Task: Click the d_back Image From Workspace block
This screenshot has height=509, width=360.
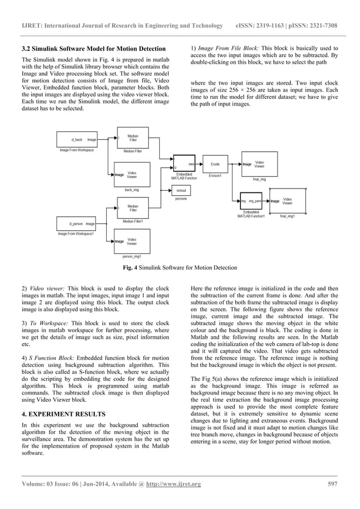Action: (x=78, y=139)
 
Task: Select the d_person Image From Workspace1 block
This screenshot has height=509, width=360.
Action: (x=76, y=223)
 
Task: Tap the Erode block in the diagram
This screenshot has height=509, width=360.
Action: (x=215, y=164)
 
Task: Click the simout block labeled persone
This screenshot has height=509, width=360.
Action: (x=181, y=191)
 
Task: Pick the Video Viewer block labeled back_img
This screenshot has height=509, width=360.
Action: (x=128, y=175)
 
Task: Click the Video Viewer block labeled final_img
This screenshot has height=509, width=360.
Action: (x=256, y=164)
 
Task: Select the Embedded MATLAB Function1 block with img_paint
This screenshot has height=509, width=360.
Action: (x=251, y=201)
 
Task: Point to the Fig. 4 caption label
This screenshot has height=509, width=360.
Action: (x=133, y=267)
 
